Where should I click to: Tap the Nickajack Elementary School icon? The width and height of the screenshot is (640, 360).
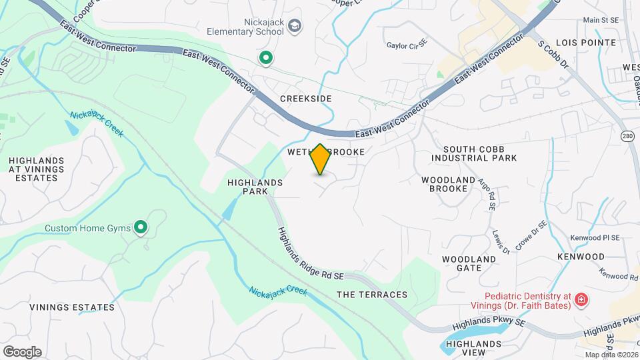point(295,26)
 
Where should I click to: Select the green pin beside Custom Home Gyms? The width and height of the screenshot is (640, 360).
point(141,229)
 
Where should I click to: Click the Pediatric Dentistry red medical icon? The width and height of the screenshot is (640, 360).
point(581,301)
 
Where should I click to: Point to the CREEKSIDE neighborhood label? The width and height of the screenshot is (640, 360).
point(306,99)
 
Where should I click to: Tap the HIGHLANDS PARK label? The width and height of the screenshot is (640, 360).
point(255,187)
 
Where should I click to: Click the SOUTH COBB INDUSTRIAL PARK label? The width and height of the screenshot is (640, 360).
point(474,153)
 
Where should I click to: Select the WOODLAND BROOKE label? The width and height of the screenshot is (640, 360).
point(448,184)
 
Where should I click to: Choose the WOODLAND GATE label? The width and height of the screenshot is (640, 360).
point(469,263)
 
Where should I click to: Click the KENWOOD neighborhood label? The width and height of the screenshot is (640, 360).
point(582,257)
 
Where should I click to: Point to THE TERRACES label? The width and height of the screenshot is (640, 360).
point(372,295)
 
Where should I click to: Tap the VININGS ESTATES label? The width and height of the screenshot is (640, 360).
point(72,307)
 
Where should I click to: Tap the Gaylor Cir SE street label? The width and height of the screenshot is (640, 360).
point(407,46)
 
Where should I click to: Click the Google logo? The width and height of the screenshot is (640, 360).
point(22,352)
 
